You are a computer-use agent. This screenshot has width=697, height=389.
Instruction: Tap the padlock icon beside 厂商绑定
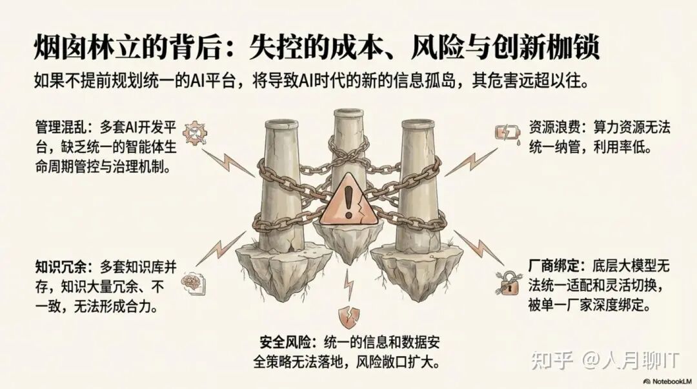pos(507,281)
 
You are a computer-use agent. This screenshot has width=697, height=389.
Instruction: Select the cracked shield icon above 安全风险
pos(348,317)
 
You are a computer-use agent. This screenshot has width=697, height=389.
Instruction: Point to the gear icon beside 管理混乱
pos(194,132)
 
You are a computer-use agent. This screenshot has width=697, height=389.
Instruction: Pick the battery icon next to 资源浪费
pos(505,133)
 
